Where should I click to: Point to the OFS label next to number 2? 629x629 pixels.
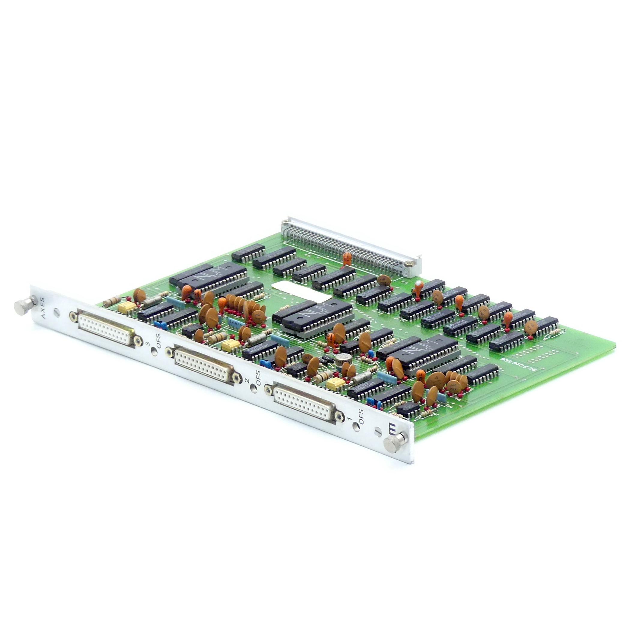[258, 378]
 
